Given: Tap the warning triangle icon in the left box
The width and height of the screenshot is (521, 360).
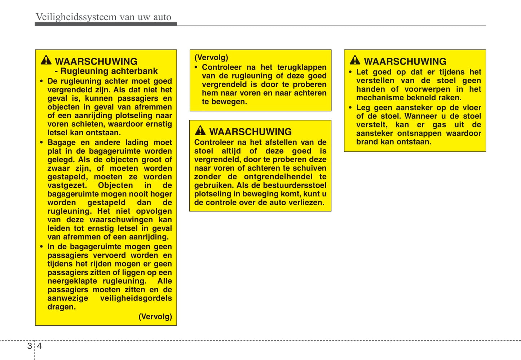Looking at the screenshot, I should (46, 60).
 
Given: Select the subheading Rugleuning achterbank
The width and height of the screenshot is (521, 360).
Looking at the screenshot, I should (109, 71).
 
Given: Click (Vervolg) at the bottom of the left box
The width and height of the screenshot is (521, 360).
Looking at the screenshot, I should (155, 317).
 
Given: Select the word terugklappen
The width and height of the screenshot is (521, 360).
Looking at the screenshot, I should (302, 67).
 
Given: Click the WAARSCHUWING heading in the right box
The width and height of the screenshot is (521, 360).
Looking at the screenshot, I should (405, 61).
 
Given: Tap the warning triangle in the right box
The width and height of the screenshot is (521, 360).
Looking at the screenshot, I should (355, 60).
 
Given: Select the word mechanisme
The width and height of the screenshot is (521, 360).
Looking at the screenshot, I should (377, 98).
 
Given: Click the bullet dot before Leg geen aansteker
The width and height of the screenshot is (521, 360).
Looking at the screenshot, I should (350, 107).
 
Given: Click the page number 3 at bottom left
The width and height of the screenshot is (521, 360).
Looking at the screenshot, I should (30, 346).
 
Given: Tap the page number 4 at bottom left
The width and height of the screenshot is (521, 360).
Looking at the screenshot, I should (39, 346).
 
